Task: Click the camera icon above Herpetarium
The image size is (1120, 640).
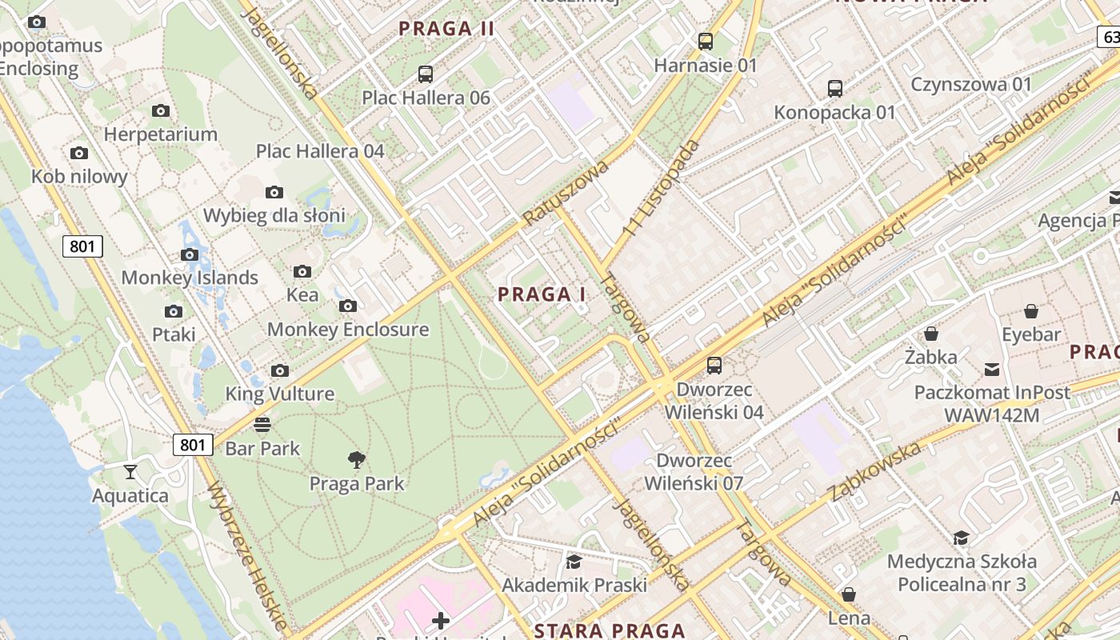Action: tap(161, 111)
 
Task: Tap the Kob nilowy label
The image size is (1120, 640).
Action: tap(79, 176)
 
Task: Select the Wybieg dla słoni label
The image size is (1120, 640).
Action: tap(274, 215)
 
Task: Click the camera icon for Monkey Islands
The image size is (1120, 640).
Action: tap(190, 255)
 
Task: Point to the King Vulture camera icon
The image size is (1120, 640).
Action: tap(279, 370)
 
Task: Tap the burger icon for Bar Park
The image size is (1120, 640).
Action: tap(262, 424)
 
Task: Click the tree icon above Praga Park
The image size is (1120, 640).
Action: tap(357, 459)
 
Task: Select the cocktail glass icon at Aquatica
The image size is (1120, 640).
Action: tap(130, 471)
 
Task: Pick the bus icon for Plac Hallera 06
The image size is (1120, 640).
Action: tap(426, 74)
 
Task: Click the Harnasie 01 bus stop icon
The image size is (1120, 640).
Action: tap(705, 41)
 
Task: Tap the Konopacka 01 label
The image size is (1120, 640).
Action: tap(834, 112)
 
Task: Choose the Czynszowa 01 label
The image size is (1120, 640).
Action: tap(971, 84)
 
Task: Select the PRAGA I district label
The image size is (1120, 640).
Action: tap(542, 294)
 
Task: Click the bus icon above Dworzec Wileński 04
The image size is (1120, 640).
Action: tap(714, 366)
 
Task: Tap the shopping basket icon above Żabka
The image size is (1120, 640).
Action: tap(931, 333)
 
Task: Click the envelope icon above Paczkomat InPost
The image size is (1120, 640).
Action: tap(992, 369)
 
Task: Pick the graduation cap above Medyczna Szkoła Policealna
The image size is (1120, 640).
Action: tap(961, 538)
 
